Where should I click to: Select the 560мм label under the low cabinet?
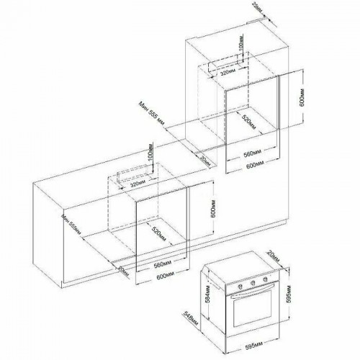coord(163,264)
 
